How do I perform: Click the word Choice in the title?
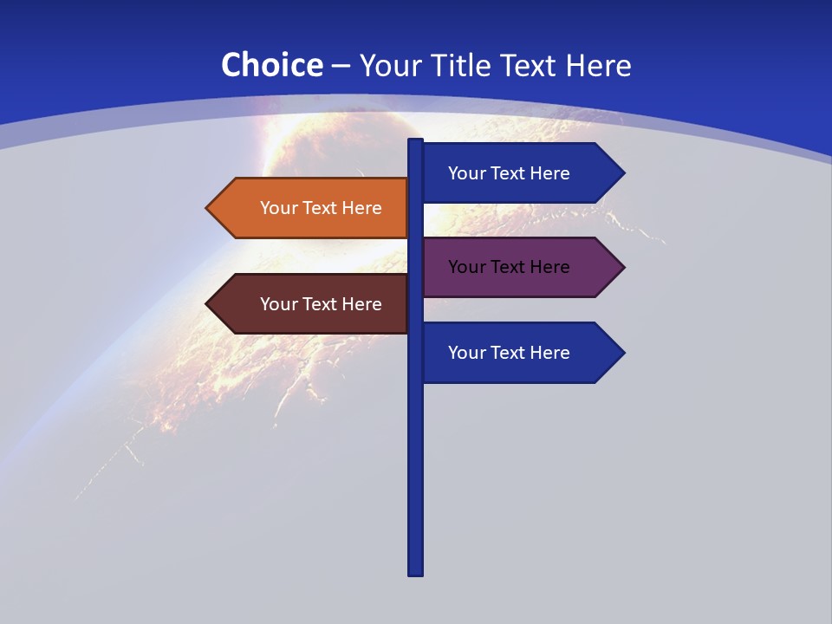(271, 65)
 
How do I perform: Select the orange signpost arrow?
(312, 208)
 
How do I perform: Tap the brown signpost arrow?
(312, 304)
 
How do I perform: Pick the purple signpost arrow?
(520, 267)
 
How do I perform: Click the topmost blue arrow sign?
(520, 173)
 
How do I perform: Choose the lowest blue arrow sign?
(520, 353)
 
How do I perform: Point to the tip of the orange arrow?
(208, 208)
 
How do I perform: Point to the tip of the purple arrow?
(622, 267)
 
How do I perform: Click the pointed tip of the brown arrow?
(208, 304)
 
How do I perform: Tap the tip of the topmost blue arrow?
(622, 173)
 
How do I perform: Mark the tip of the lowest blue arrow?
(622, 353)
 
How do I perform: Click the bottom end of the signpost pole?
(416, 572)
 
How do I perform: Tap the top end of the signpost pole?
(416, 141)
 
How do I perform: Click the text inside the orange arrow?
(321, 208)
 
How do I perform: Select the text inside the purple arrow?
(509, 267)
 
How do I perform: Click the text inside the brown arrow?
(321, 304)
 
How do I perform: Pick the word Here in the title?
(598, 65)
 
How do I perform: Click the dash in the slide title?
(341, 66)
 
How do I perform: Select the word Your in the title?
(389, 65)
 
